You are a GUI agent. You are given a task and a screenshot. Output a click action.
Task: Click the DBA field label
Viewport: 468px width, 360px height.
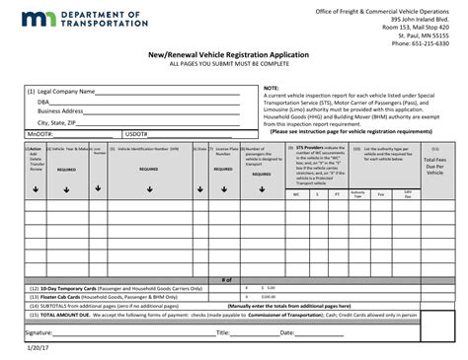coord(43,101)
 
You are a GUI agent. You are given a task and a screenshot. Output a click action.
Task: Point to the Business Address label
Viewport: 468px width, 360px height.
coord(60,111)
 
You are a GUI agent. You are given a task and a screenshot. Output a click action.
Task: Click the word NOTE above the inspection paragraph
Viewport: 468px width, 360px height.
coord(270,88)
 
